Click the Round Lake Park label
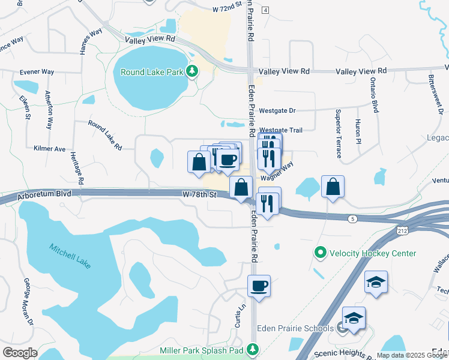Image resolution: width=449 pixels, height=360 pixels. click(151, 72)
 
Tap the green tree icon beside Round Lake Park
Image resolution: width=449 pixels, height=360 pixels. click(192, 72)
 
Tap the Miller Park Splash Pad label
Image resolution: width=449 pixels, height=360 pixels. click(201, 350)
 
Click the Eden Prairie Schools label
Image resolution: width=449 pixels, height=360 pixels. click(295, 328)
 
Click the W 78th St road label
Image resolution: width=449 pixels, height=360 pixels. click(199, 194)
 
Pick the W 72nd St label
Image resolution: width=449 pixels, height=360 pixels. click(226, 10)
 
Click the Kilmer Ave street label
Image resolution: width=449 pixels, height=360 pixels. click(50, 148)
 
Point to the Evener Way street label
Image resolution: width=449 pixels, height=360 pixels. click(37, 72)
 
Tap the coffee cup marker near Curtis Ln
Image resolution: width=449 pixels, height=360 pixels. click(259, 286)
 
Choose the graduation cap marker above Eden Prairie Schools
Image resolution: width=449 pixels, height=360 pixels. click(376, 281)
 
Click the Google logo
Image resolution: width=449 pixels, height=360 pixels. click(20, 353)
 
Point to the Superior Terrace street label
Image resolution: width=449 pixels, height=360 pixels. click(339, 128)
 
